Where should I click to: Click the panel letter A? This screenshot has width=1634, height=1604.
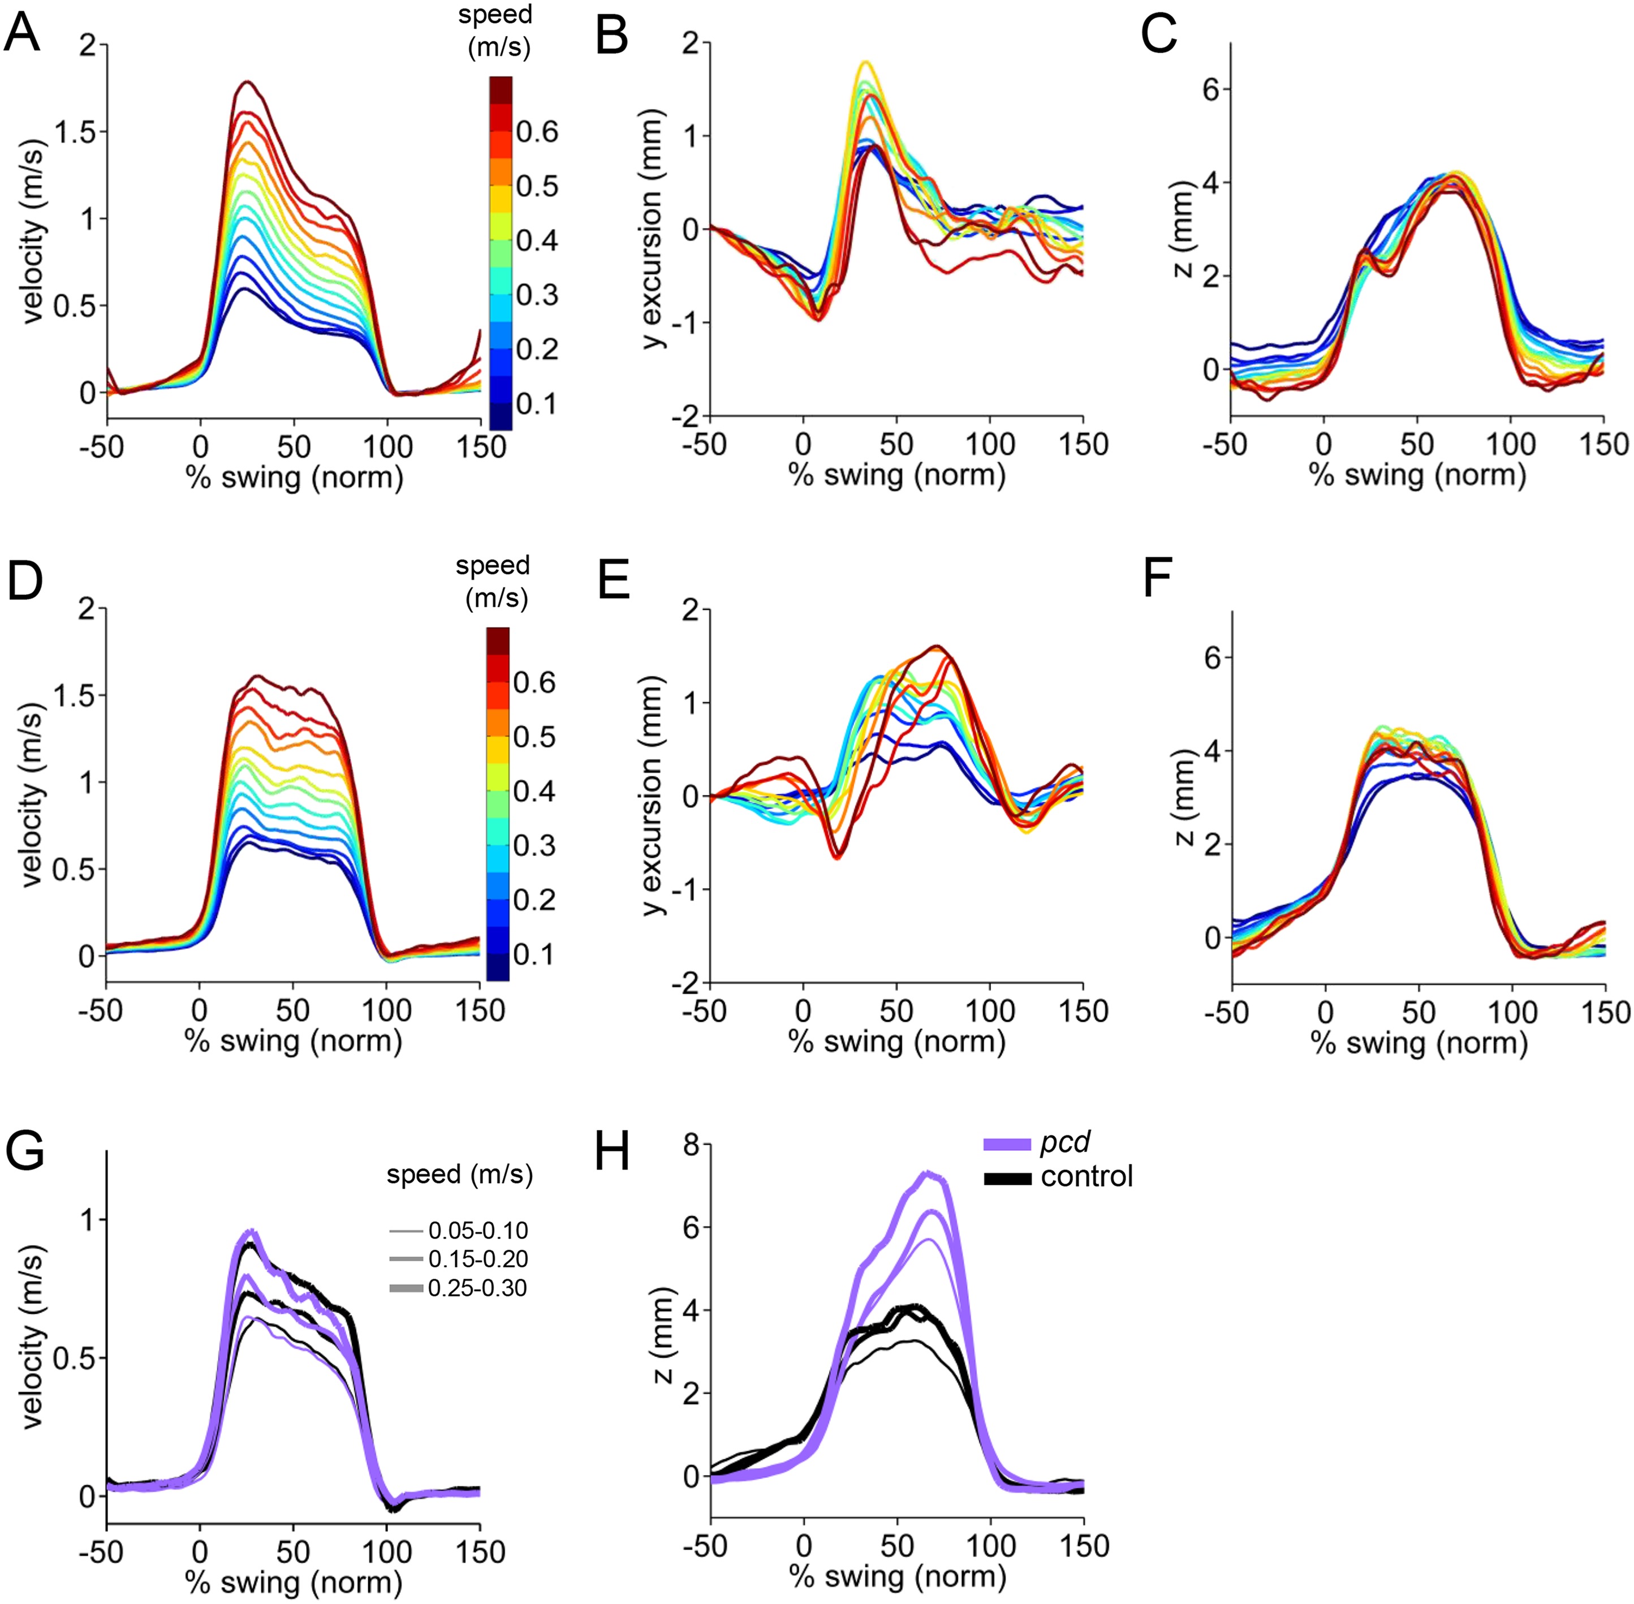[x=22, y=36]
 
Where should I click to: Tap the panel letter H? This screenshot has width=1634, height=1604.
[x=613, y=1151]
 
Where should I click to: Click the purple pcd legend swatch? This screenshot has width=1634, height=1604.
[x=1007, y=1144]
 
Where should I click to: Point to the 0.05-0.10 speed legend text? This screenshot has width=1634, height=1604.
[x=477, y=1231]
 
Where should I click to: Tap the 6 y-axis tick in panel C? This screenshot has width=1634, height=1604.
[x=1210, y=89]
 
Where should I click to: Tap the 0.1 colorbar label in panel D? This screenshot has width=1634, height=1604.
[x=534, y=954]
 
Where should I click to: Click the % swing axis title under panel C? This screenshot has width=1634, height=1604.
[x=1417, y=475]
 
